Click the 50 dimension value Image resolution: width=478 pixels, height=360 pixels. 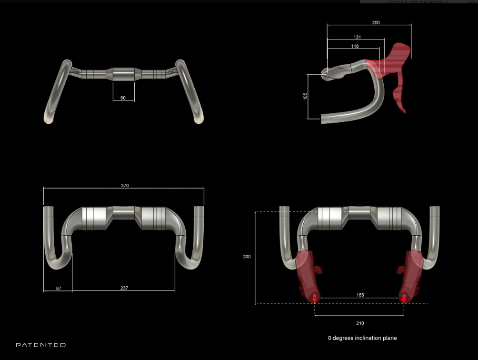(x=123, y=98)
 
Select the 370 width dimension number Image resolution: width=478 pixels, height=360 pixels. (x=125, y=185)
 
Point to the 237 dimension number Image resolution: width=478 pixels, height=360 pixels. (x=124, y=288)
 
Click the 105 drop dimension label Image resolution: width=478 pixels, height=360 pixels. (x=305, y=96)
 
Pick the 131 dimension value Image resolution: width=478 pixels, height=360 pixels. (x=357, y=37)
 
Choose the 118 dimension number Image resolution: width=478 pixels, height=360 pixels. (x=354, y=46)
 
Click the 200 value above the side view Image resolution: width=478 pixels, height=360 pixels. (x=376, y=23)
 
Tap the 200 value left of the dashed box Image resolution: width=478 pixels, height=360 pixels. (x=247, y=257)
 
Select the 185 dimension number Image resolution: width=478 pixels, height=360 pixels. (x=360, y=295)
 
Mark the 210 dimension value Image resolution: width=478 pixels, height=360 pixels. (x=360, y=323)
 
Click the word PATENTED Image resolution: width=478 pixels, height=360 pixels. (x=41, y=345)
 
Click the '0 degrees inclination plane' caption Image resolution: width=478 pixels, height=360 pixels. (x=362, y=338)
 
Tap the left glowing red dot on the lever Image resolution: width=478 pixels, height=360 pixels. (x=314, y=300)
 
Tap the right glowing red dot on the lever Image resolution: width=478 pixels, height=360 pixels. (x=404, y=300)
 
